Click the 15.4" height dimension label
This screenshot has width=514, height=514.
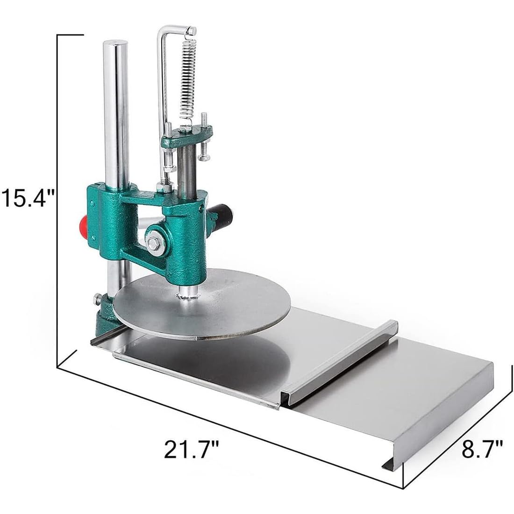click(28, 197)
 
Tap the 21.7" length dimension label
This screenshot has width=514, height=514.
click(191, 450)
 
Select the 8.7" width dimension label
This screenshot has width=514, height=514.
click(482, 449)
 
